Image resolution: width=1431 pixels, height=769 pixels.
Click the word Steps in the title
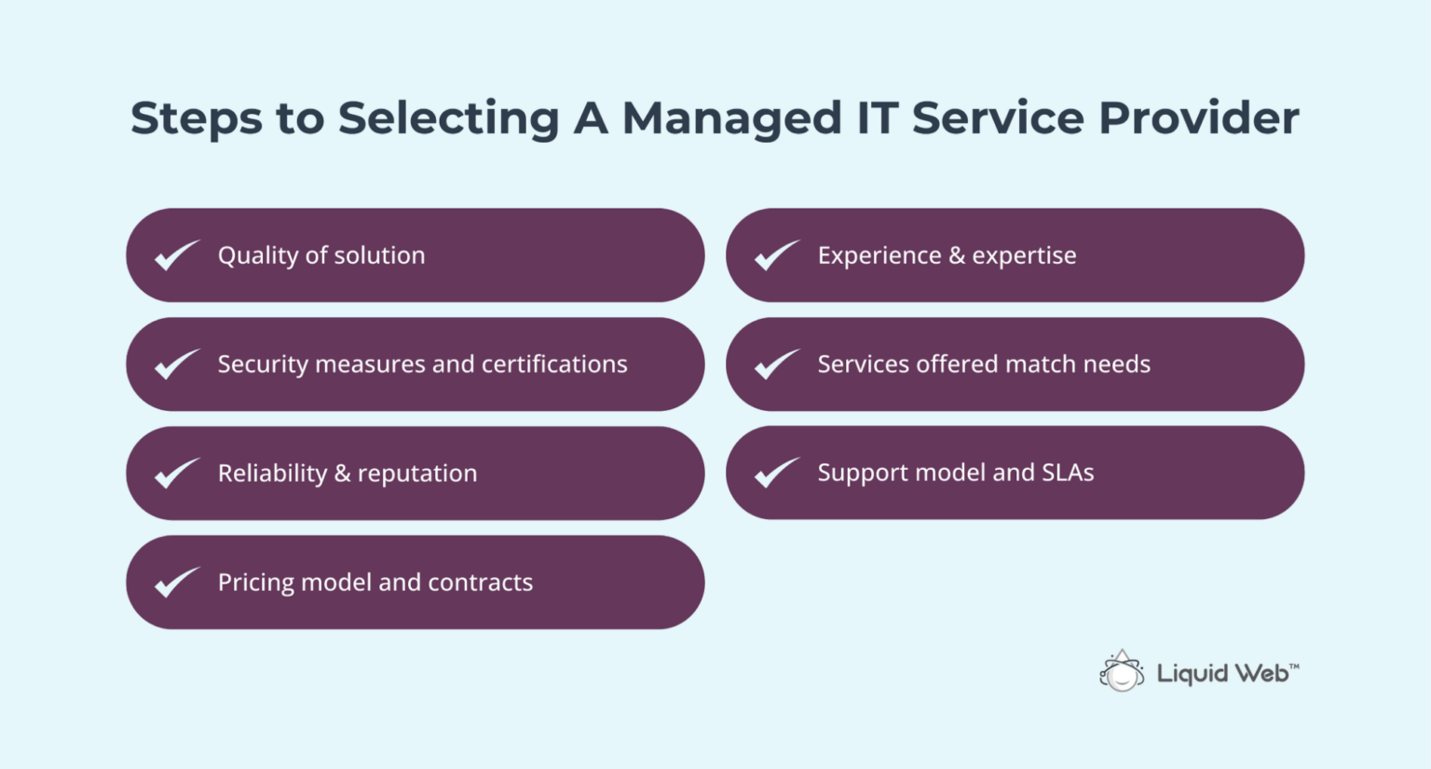(196, 118)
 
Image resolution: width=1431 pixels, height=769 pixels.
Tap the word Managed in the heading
(732, 118)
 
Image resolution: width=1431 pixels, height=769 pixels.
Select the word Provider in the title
(1199, 118)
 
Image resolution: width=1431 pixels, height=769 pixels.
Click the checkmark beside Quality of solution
(176, 255)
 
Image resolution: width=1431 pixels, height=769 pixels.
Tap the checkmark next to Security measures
(176, 364)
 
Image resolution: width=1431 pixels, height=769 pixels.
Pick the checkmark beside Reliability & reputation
(176, 474)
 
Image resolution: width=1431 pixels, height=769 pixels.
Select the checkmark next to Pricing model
(176, 583)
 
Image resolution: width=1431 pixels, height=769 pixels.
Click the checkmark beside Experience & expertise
(776, 255)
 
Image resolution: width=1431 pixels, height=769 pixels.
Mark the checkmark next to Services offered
(776, 364)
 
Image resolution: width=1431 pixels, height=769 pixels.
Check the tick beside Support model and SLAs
(776, 474)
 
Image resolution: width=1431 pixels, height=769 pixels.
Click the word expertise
(1024, 256)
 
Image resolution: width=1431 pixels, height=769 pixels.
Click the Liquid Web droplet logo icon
(1122, 671)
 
